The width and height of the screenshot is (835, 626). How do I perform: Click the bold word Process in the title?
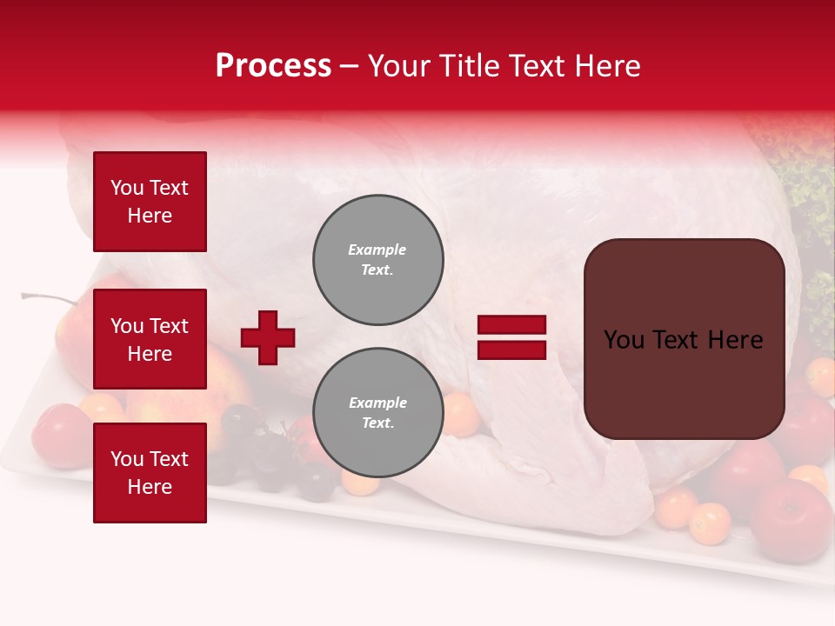coord(273,66)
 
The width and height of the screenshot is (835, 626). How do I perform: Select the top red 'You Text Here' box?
coord(150,202)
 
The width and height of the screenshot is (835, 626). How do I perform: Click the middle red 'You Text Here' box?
coord(150,339)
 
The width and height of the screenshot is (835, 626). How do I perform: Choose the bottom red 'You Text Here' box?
coord(150,472)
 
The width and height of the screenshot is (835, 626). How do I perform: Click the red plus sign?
coord(268,337)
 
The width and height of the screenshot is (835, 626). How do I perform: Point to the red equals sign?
coord(511,337)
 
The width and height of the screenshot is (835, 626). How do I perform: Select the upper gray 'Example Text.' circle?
coord(378,260)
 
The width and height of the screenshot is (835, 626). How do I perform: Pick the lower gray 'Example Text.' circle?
coord(378,413)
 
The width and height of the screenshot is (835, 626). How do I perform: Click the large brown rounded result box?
coord(684,339)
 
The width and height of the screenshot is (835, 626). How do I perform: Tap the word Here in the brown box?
coord(735,340)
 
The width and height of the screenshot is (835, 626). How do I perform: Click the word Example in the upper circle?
coord(377,250)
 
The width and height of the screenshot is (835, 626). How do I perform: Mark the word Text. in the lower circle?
coord(377,423)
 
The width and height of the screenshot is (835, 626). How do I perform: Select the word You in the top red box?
coord(127,188)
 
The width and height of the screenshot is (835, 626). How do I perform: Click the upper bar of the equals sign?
coord(511,325)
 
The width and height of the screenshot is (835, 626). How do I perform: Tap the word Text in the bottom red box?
coord(170,459)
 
